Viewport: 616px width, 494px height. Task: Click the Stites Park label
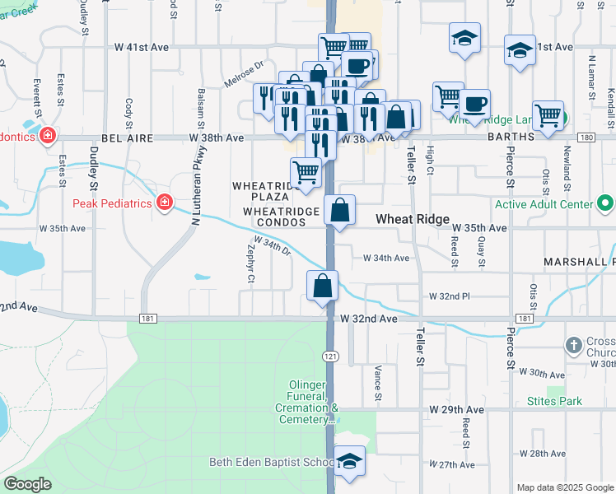(554, 402)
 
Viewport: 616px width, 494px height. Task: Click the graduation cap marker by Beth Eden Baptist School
(350, 461)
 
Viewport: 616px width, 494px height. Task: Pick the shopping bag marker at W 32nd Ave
(323, 287)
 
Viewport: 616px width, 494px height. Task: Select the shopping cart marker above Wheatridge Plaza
(306, 173)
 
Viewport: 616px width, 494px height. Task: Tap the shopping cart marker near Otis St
(548, 115)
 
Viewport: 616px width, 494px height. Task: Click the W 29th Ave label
(456, 409)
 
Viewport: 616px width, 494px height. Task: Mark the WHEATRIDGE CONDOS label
(281, 217)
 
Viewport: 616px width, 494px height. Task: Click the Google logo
(28, 485)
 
